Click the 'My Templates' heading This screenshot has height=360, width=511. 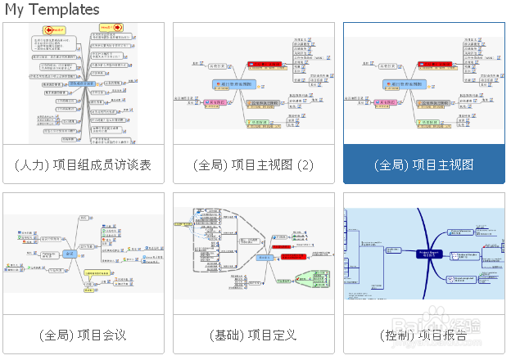(52, 10)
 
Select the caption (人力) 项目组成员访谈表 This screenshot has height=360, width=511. (83, 164)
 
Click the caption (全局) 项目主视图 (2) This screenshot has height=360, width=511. (253, 164)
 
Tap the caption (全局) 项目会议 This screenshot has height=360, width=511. (83, 335)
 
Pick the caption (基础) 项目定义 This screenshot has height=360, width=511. (253, 335)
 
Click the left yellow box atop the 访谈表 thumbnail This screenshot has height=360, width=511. (52, 29)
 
